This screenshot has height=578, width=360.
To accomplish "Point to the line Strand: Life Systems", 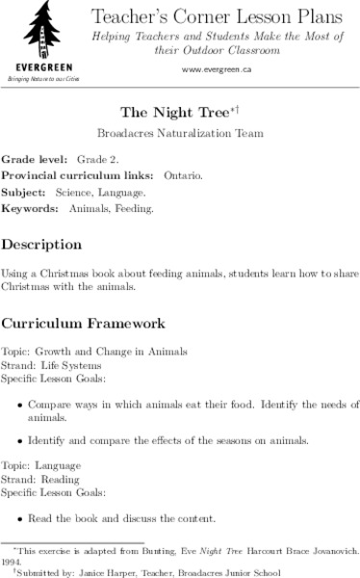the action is pos(46,366).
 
